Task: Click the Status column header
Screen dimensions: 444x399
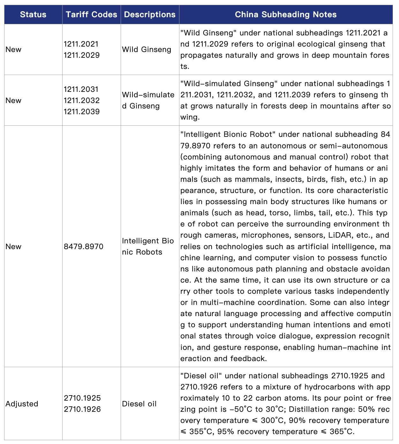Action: point(33,15)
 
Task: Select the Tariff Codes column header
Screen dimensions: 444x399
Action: point(91,15)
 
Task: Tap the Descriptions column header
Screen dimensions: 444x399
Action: point(150,15)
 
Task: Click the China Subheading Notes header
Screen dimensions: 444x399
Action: point(286,15)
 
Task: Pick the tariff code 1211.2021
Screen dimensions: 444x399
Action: point(81,44)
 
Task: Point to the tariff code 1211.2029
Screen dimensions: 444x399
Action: point(81,55)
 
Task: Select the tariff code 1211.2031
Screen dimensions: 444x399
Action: point(81,89)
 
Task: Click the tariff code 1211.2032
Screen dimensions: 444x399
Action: point(81,100)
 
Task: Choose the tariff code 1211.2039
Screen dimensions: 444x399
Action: point(81,112)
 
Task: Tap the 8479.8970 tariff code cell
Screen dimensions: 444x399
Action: point(83,247)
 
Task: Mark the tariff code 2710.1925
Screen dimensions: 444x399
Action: point(82,398)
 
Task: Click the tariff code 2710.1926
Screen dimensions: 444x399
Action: point(82,409)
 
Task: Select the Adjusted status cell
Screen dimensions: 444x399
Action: point(22,404)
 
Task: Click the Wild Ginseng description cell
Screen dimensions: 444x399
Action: point(147,50)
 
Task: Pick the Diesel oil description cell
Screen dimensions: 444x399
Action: point(139,404)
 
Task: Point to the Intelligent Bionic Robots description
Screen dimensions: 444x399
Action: point(147,247)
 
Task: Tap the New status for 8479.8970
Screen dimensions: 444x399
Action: point(13,247)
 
